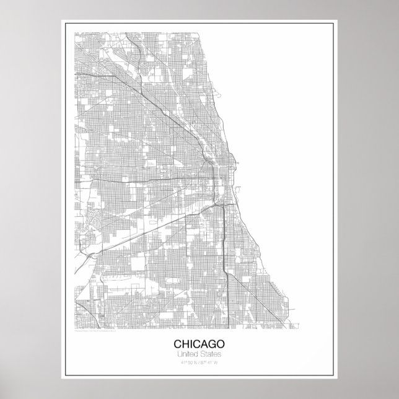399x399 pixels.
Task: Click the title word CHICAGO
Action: click(x=199, y=343)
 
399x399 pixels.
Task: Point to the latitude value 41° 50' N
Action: click(x=185, y=362)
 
